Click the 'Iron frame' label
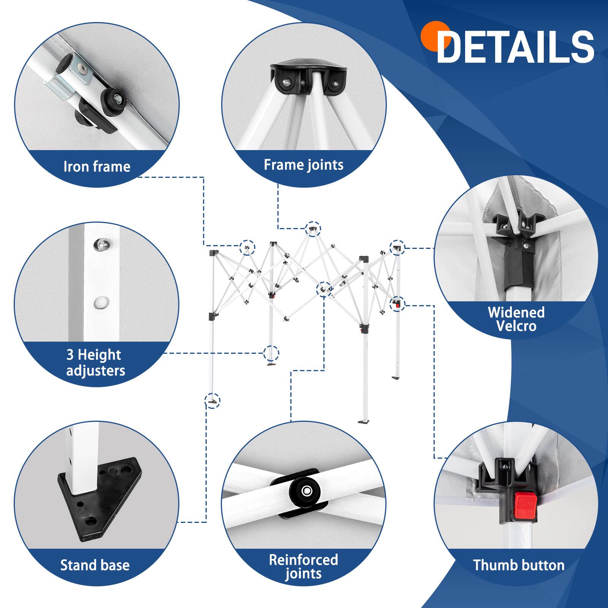(97, 166)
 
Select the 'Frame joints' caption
(304, 165)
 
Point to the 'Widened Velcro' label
(516, 319)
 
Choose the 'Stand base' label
(95, 565)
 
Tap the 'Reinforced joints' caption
(303, 566)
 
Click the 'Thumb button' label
(519, 565)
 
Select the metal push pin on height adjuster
(101, 244)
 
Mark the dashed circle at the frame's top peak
(313, 229)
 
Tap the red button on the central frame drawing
(397, 304)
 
